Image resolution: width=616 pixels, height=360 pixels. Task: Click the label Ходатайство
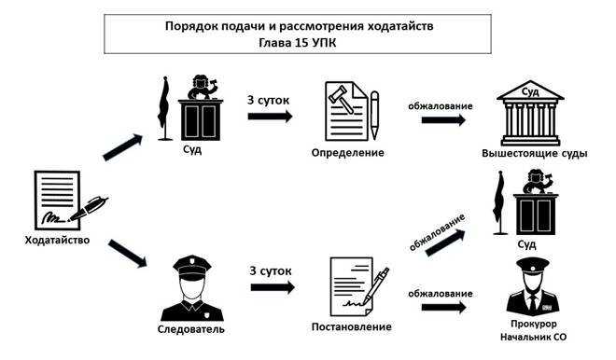tap(57, 241)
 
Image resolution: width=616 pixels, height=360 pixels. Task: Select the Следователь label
tap(191, 329)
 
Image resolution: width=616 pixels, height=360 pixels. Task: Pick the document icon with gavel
tap(349, 110)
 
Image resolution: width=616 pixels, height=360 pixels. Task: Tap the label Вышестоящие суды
tap(534, 152)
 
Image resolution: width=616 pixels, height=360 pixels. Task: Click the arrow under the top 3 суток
tap(270, 117)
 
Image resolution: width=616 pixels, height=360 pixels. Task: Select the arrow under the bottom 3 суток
tap(272, 287)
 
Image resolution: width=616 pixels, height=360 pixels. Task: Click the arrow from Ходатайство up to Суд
tap(122, 146)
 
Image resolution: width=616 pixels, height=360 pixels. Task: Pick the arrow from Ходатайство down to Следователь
tap(128, 254)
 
